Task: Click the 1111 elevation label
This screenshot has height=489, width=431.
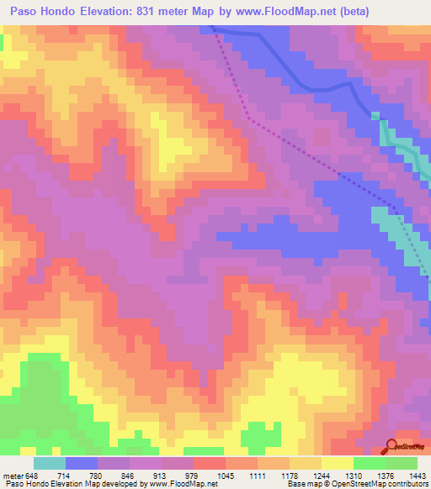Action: click(256, 475)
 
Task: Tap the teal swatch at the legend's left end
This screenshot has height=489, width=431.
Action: click(49, 463)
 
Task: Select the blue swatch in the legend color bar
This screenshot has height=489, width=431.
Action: click(81, 463)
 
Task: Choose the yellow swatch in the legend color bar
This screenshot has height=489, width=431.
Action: click(337, 463)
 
